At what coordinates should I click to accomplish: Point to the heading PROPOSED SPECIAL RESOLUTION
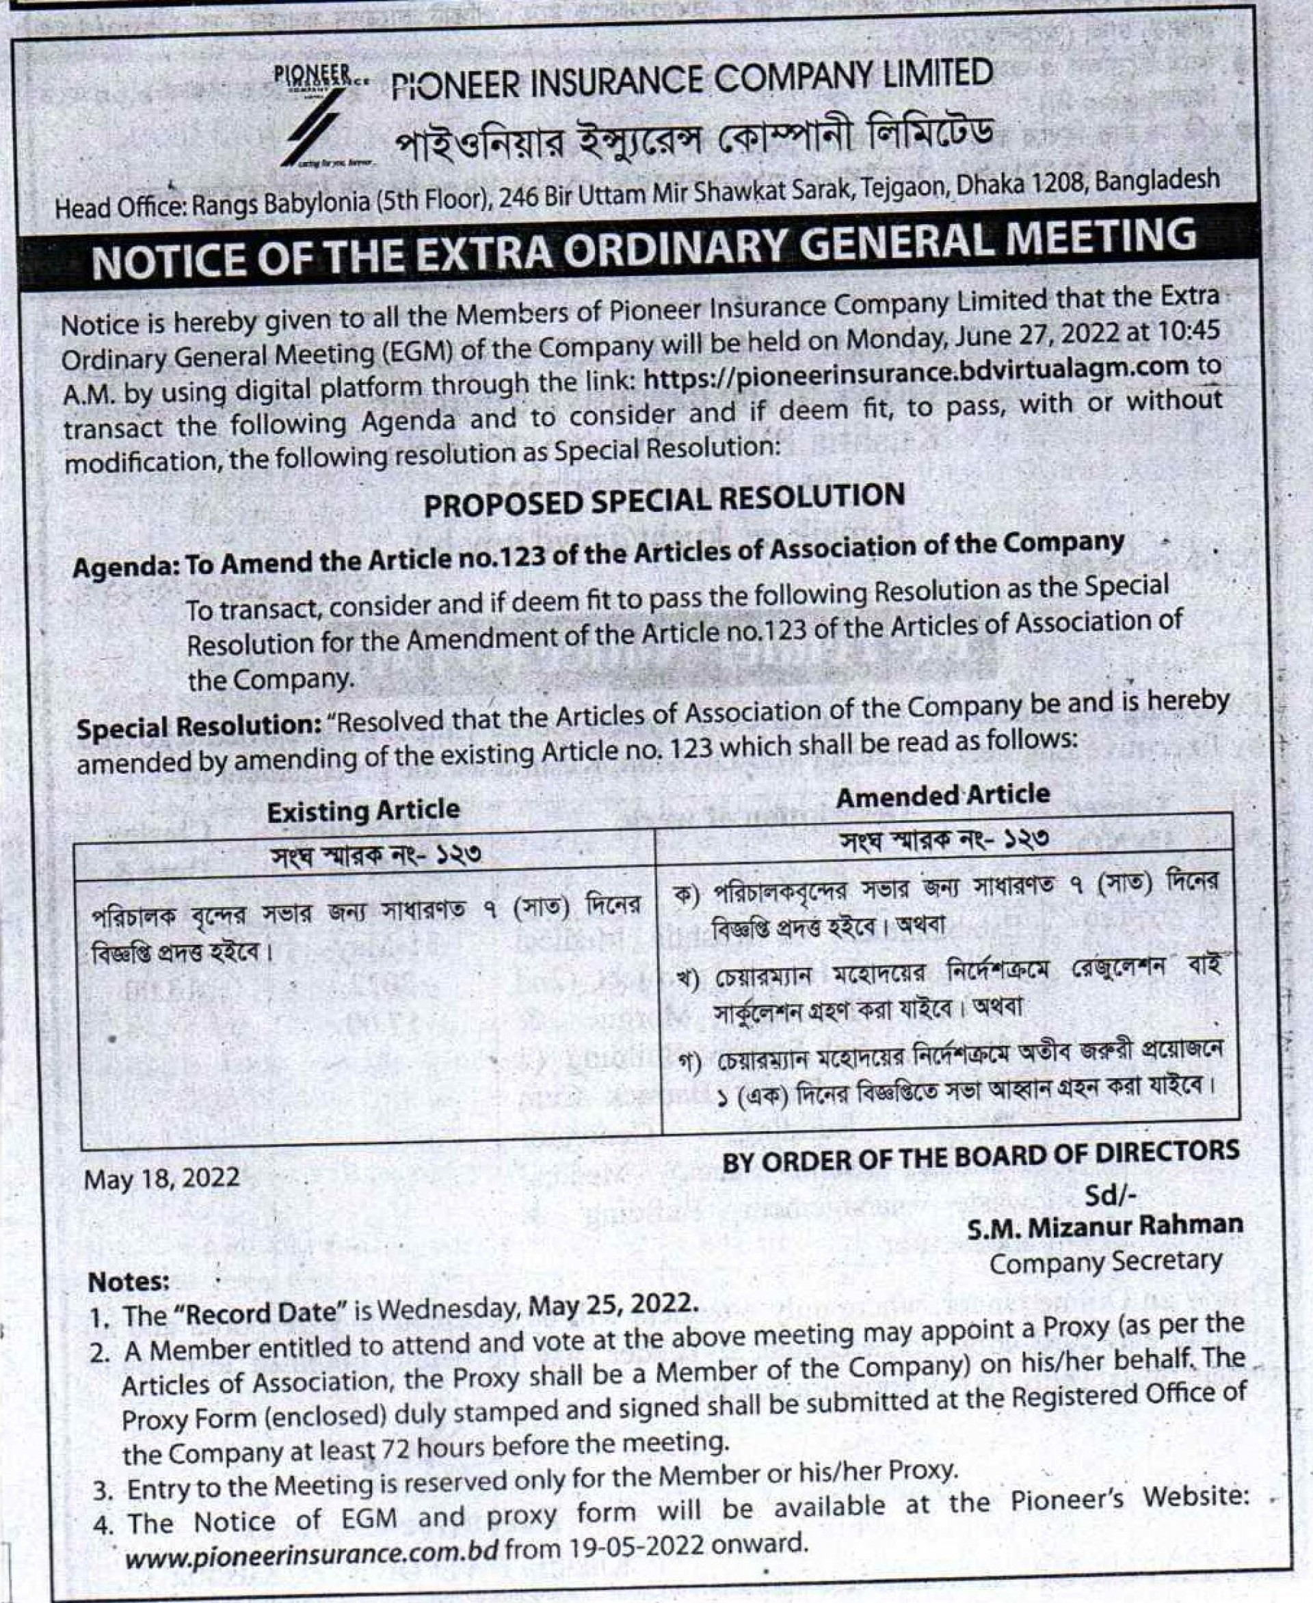click(x=664, y=500)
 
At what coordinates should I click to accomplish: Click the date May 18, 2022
click(x=162, y=1177)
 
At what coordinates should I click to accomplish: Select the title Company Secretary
click(x=1106, y=1261)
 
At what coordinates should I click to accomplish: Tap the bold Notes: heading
click(x=129, y=1282)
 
